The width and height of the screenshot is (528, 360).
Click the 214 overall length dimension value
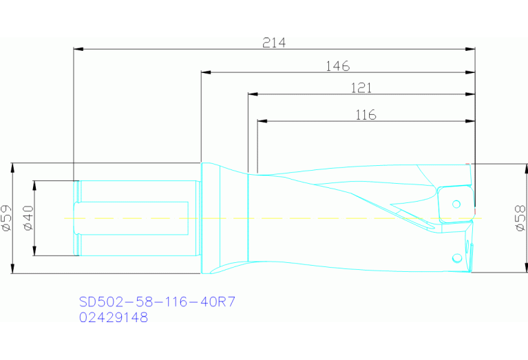274,42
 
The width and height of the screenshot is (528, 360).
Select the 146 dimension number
337,66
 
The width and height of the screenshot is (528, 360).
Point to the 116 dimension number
366,115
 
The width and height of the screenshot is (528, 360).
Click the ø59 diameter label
6,218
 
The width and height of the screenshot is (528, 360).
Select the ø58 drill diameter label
520,218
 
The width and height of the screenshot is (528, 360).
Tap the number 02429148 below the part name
113,317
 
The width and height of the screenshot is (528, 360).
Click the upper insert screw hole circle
456,204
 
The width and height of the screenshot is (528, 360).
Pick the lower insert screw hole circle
456,258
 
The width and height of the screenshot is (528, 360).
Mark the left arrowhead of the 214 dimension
78,50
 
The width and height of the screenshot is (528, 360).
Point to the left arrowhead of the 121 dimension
252,94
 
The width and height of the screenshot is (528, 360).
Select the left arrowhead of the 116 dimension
262,122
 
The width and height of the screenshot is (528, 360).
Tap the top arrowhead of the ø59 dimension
13,167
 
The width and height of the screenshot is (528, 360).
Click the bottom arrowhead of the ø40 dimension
35,252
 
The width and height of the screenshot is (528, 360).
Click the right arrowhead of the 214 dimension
471,50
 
